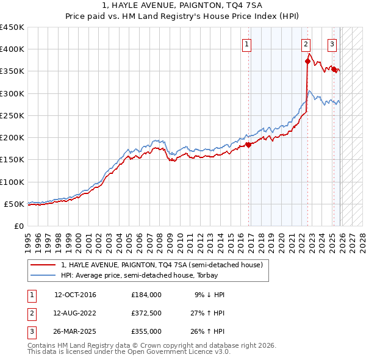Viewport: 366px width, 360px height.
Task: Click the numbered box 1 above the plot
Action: point(247,44)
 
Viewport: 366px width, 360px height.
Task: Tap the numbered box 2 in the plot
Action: point(305,44)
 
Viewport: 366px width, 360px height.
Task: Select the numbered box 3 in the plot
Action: point(332,44)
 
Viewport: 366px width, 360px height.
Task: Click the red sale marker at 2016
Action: point(248,145)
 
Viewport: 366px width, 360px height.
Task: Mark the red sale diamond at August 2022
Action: point(307,61)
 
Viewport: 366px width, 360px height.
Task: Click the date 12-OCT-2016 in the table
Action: point(75,295)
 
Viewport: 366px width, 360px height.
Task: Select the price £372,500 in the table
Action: point(146,313)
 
